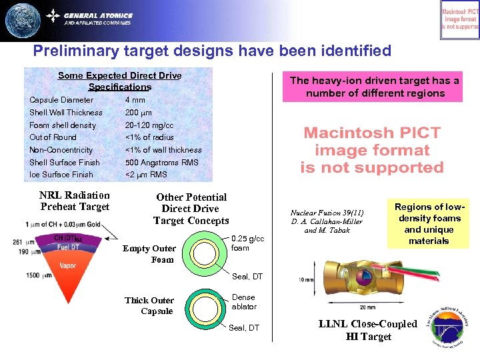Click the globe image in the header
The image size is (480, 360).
point(23,20)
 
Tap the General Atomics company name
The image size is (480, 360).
point(98,15)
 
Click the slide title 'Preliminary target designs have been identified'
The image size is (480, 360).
point(212,51)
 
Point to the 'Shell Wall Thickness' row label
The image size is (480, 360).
point(66,113)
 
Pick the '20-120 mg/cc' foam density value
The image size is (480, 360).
point(149,125)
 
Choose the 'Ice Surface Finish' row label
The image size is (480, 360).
point(61,175)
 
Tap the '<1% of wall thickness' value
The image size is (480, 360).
point(163,150)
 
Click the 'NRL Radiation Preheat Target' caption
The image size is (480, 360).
point(74,201)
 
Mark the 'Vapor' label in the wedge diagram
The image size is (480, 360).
point(67,265)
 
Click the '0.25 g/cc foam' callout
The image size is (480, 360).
point(247,243)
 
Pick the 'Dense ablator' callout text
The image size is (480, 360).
point(244,301)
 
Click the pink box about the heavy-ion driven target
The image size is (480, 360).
point(374,87)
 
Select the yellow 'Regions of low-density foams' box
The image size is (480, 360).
point(429,224)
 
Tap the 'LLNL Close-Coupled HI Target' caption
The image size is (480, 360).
point(367,330)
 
